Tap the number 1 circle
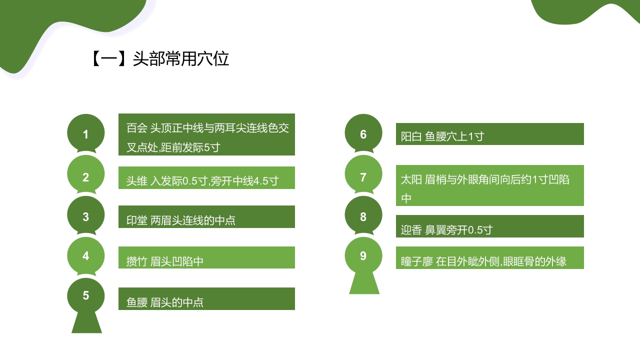[x=86, y=133]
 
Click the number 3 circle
[x=86, y=216]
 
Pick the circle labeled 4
[x=86, y=255]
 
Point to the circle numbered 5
[x=86, y=296]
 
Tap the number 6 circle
[x=363, y=133]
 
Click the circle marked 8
[x=363, y=216]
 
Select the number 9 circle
[x=363, y=256]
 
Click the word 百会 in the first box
[x=136, y=128]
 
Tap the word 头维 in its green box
[x=136, y=181]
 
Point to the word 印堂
[x=136, y=220]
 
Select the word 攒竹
[x=136, y=261]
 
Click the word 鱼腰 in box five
[x=136, y=302]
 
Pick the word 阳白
[x=411, y=136]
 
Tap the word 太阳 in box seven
[x=411, y=179]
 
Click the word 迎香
[x=411, y=230]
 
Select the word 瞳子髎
[x=416, y=261]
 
